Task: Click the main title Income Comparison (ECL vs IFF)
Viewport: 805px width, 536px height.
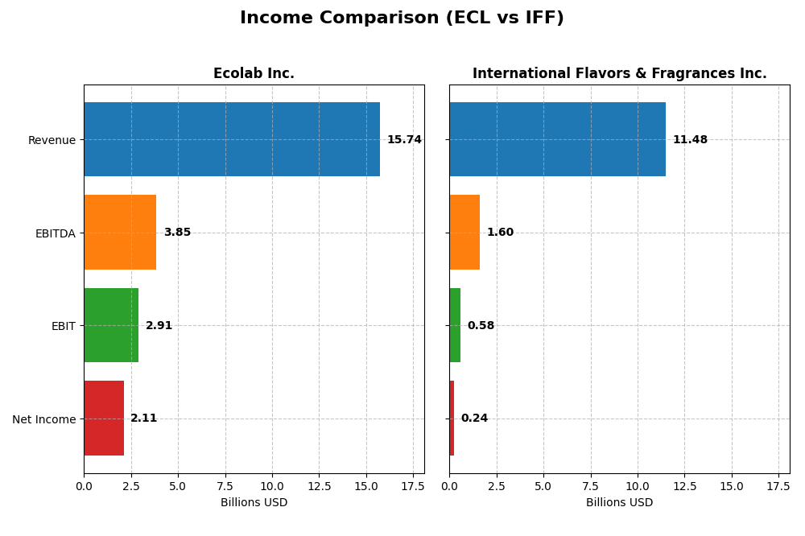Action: click(x=402, y=18)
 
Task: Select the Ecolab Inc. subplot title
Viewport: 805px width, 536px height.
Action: click(x=254, y=73)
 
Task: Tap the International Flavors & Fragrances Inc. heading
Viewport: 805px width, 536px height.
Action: click(x=619, y=73)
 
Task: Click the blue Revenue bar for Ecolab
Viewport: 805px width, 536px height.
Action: click(x=232, y=139)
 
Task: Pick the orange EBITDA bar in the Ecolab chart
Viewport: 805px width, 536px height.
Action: click(x=120, y=233)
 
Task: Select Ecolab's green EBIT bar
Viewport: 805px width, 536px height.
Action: click(x=111, y=325)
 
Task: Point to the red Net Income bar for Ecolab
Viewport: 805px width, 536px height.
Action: click(x=104, y=418)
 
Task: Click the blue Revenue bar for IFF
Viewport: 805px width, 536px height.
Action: click(x=557, y=139)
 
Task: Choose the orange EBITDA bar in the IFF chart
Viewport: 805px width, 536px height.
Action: click(x=464, y=233)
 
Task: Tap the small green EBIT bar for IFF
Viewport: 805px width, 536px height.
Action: click(x=455, y=325)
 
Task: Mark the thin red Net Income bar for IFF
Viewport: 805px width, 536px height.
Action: click(x=452, y=418)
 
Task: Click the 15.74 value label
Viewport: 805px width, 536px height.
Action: click(x=404, y=140)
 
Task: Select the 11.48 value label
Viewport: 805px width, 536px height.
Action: click(x=690, y=140)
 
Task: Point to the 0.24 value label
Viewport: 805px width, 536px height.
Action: click(x=474, y=418)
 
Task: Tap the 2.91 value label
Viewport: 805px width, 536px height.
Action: click(x=159, y=326)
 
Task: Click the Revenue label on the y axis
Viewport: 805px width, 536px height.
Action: click(x=52, y=140)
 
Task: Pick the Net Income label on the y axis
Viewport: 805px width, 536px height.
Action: click(x=44, y=419)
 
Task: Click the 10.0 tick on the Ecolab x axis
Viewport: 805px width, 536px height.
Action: click(x=272, y=486)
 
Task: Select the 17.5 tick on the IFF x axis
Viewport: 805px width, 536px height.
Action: click(x=778, y=486)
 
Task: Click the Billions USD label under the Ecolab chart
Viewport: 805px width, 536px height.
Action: click(x=254, y=502)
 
